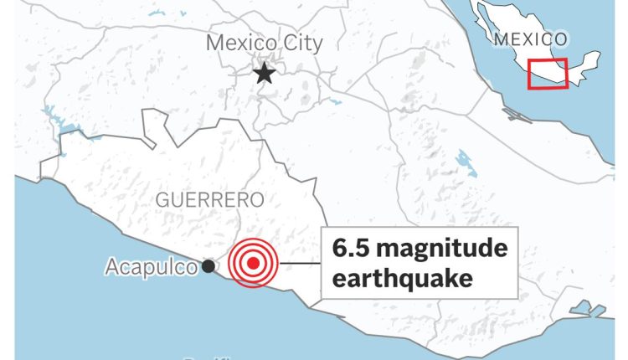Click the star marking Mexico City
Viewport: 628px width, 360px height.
265,74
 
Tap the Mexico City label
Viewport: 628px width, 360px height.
264,43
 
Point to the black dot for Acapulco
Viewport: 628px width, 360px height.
208,266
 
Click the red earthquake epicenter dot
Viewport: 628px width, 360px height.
253,263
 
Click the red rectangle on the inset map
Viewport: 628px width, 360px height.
548,73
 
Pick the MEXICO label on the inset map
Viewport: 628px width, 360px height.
530,39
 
